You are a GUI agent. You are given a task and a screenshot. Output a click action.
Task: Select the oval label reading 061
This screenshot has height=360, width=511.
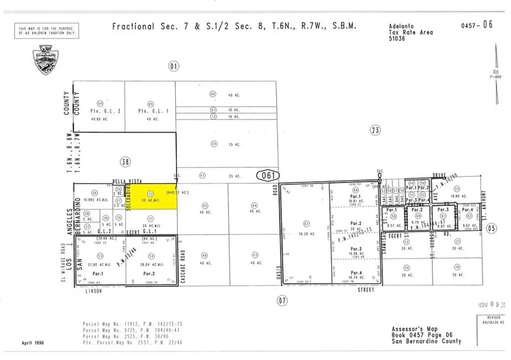click(267, 175)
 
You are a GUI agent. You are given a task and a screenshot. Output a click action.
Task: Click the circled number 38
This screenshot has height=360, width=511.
click(125, 161)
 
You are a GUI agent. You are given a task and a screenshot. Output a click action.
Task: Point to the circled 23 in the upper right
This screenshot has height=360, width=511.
click(375, 129)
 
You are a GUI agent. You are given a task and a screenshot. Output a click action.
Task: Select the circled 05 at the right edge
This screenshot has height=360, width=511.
click(492, 227)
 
